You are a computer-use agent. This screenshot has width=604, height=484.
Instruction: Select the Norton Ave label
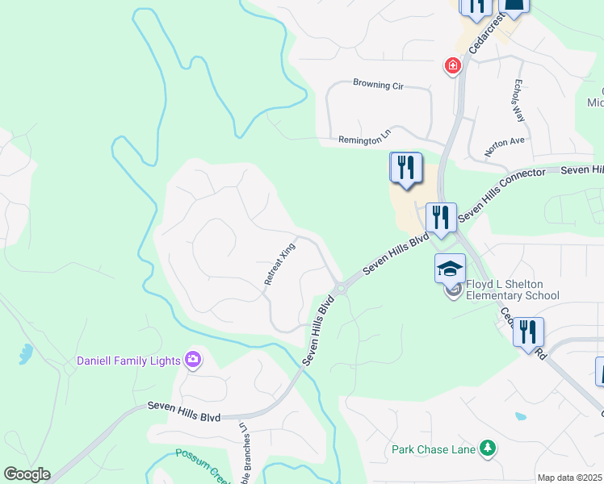tap(504, 146)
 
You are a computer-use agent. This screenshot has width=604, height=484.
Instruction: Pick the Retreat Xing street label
tap(280, 264)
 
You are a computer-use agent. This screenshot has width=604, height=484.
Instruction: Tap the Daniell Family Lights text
tap(128, 361)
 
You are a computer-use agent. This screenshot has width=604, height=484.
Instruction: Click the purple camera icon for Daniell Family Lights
tap(193, 360)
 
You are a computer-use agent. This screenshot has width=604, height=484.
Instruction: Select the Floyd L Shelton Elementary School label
tap(512, 290)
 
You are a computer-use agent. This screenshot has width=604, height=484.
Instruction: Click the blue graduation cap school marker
tap(450, 268)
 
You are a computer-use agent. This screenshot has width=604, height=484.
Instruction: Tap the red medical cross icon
tap(453, 65)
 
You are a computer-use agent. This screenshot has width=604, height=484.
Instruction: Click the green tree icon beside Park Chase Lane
tap(487, 448)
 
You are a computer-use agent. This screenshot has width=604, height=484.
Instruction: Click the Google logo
tap(27, 474)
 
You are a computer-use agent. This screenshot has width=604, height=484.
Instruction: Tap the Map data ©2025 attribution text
tap(569, 478)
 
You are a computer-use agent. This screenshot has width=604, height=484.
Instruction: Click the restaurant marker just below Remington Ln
tap(406, 168)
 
